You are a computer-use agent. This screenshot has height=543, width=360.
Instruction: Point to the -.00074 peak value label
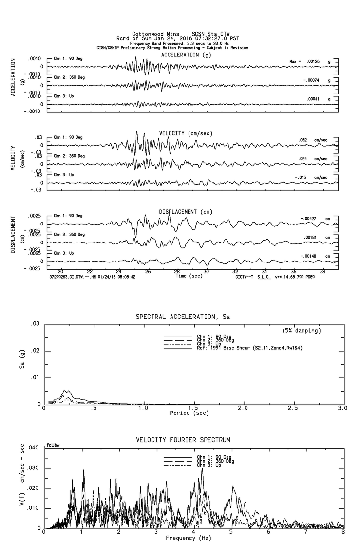pos(311,80)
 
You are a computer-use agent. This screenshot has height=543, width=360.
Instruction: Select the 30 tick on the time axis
pos(207,272)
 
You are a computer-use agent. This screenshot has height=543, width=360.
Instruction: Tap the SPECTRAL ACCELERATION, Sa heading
pos(182,317)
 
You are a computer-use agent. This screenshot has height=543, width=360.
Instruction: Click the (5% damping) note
pos(302,331)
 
